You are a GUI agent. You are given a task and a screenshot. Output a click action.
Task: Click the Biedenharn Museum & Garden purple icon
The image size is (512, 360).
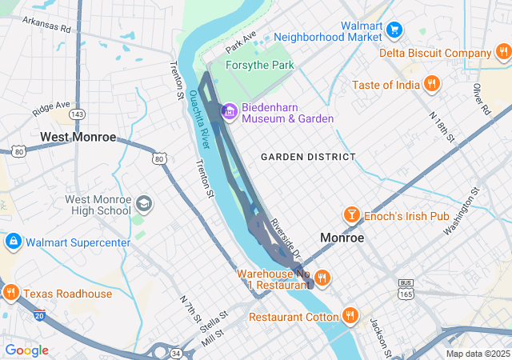click(x=230, y=111)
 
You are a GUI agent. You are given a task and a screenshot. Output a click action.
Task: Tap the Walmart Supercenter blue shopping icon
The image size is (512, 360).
click(x=13, y=242)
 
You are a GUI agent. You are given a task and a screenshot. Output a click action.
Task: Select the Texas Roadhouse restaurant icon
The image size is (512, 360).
click(x=10, y=294)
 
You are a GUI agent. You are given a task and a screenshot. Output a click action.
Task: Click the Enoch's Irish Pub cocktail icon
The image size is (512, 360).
click(x=351, y=214)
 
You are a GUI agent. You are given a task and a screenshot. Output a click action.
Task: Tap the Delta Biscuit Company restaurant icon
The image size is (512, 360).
click(x=502, y=54)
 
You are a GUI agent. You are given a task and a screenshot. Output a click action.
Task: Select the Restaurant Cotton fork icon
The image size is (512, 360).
click(x=350, y=317)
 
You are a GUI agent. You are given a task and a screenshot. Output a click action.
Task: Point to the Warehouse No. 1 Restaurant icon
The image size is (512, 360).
click(x=322, y=278)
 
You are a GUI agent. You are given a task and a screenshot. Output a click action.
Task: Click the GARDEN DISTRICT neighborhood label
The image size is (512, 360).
click(x=307, y=157)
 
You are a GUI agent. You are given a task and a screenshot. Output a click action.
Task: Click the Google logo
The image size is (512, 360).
click(x=26, y=350)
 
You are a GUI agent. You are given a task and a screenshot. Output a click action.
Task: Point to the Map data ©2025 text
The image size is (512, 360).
click(x=477, y=354)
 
